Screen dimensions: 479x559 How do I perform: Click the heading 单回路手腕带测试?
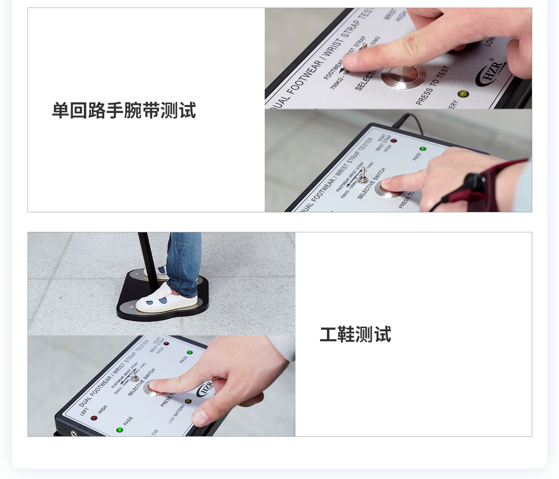coord(124,111)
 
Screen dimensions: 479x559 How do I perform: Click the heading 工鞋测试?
coord(355,335)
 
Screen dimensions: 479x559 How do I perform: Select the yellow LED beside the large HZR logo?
coord(463,94)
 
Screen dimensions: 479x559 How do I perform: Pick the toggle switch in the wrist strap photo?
coord(363,176)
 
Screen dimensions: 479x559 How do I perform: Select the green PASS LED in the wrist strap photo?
coord(423,149)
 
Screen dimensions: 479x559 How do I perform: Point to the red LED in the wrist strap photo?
coord(394,141)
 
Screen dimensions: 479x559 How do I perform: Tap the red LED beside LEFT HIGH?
coord(94,418)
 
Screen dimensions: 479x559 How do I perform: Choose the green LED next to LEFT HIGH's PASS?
coord(119,430)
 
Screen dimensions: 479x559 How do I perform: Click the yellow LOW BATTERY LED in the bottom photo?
coord(188,401)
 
